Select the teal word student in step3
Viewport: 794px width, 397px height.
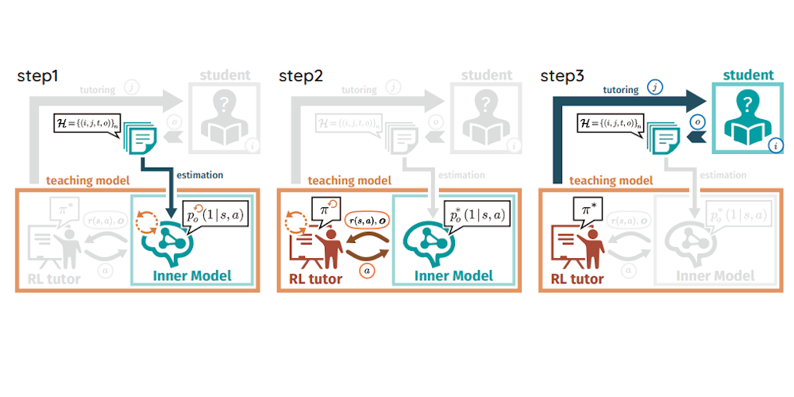[x=748, y=75]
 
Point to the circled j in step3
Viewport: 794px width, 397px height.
[x=655, y=88]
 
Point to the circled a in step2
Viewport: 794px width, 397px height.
[x=368, y=270]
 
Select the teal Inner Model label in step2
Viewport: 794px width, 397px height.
[x=454, y=276]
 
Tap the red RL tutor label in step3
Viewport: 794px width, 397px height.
[x=577, y=279]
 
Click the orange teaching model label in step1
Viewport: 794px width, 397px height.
[x=88, y=180]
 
